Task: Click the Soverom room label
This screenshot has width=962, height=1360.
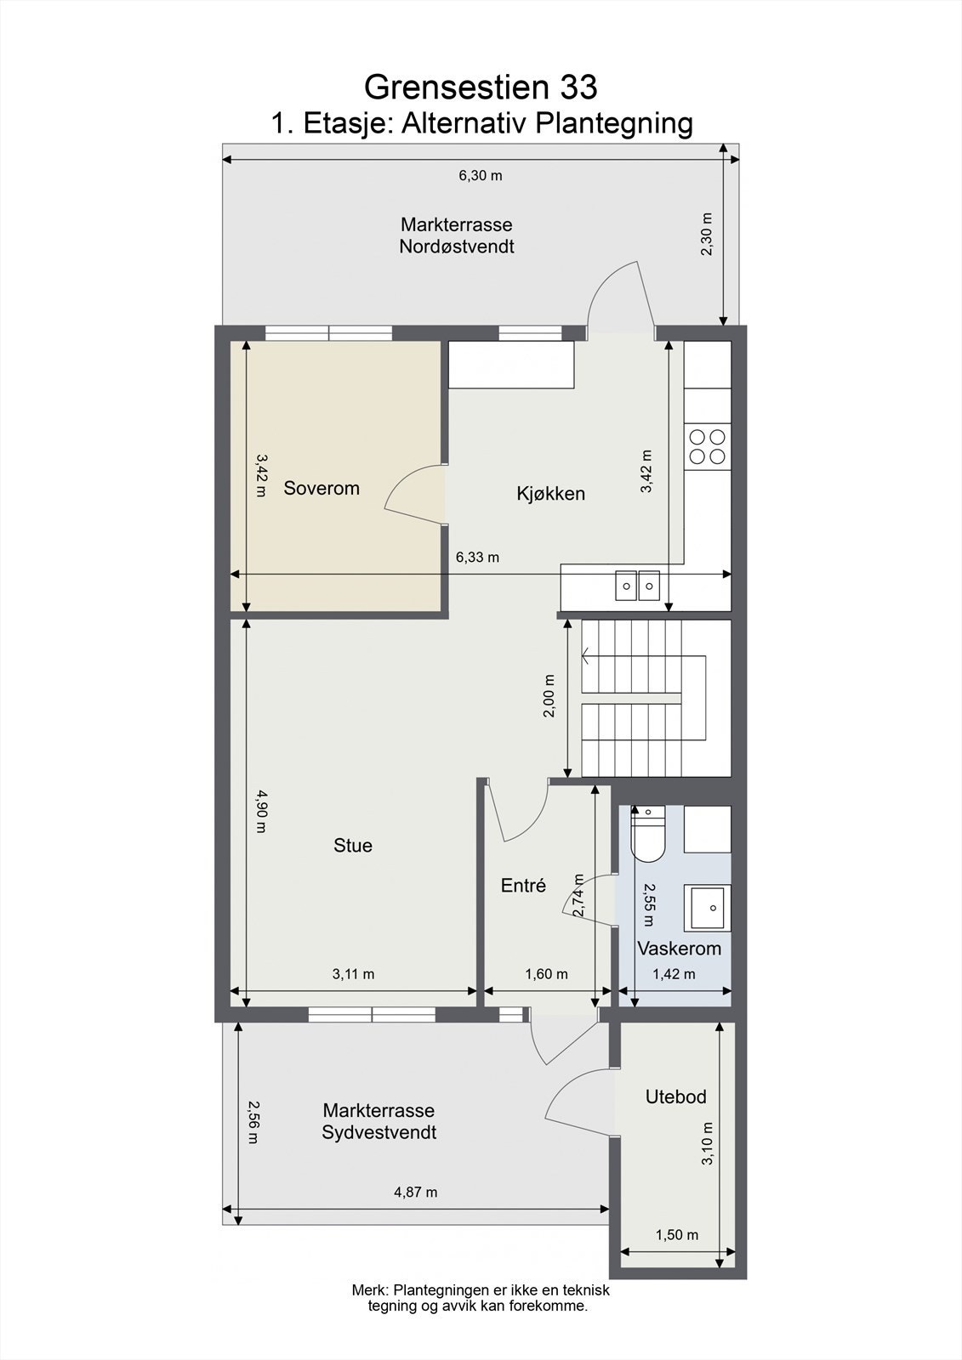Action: point(322,488)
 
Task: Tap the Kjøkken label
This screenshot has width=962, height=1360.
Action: point(550,493)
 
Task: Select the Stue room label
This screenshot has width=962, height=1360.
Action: point(352,845)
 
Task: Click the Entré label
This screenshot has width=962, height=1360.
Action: point(523,885)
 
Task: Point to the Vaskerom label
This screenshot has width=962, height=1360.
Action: point(679,948)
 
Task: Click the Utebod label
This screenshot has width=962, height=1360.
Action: point(675,1096)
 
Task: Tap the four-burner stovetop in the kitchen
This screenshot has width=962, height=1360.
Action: point(708,446)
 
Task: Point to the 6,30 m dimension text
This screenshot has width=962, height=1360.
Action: point(481,176)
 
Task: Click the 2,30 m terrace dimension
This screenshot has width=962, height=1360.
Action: point(706,234)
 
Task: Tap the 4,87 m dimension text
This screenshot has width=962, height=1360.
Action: point(416,1192)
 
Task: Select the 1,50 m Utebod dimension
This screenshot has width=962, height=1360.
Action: point(677,1234)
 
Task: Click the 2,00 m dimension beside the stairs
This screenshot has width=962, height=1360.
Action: point(549,695)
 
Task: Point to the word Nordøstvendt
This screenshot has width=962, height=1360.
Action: point(457,246)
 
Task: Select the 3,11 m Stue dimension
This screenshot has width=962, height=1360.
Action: point(353,974)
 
